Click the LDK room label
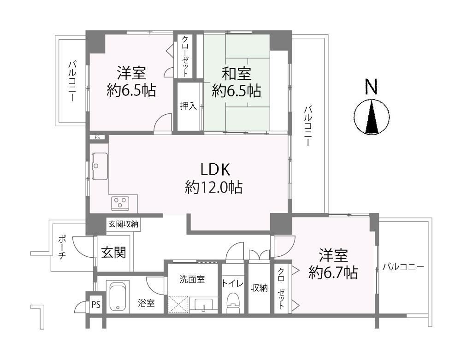215,170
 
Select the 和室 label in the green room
236,74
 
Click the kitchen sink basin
100,166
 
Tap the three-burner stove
120,203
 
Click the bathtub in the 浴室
119,296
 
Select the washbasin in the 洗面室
203,305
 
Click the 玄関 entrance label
114,252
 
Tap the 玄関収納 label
123,224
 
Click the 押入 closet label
189,106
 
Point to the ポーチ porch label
62,247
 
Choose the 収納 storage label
259,288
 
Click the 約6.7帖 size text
333,273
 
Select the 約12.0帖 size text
214,187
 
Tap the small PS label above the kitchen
97,137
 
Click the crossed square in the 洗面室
178,305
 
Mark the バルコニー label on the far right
403,267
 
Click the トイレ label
232,283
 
